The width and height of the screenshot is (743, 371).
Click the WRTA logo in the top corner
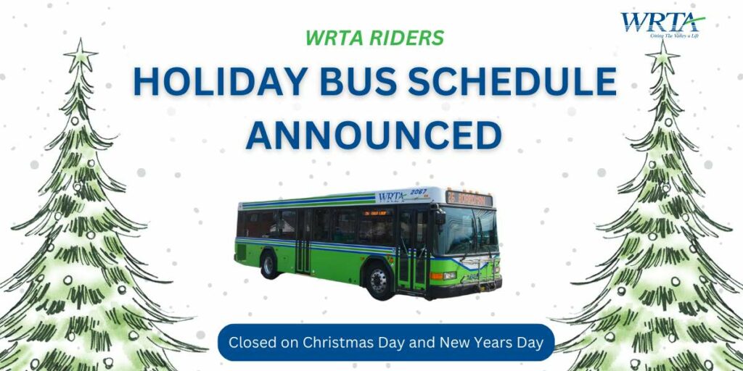click(x=661, y=23)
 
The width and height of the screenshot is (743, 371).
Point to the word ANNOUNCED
click(x=373, y=135)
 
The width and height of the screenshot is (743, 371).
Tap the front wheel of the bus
click(x=378, y=280)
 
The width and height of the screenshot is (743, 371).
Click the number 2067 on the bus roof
click(x=419, y=191)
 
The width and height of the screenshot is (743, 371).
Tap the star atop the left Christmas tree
click(x=81, y=54)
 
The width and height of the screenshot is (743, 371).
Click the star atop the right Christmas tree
click(x=662, y=54)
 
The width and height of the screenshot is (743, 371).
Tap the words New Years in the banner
click(x=472, y=342)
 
